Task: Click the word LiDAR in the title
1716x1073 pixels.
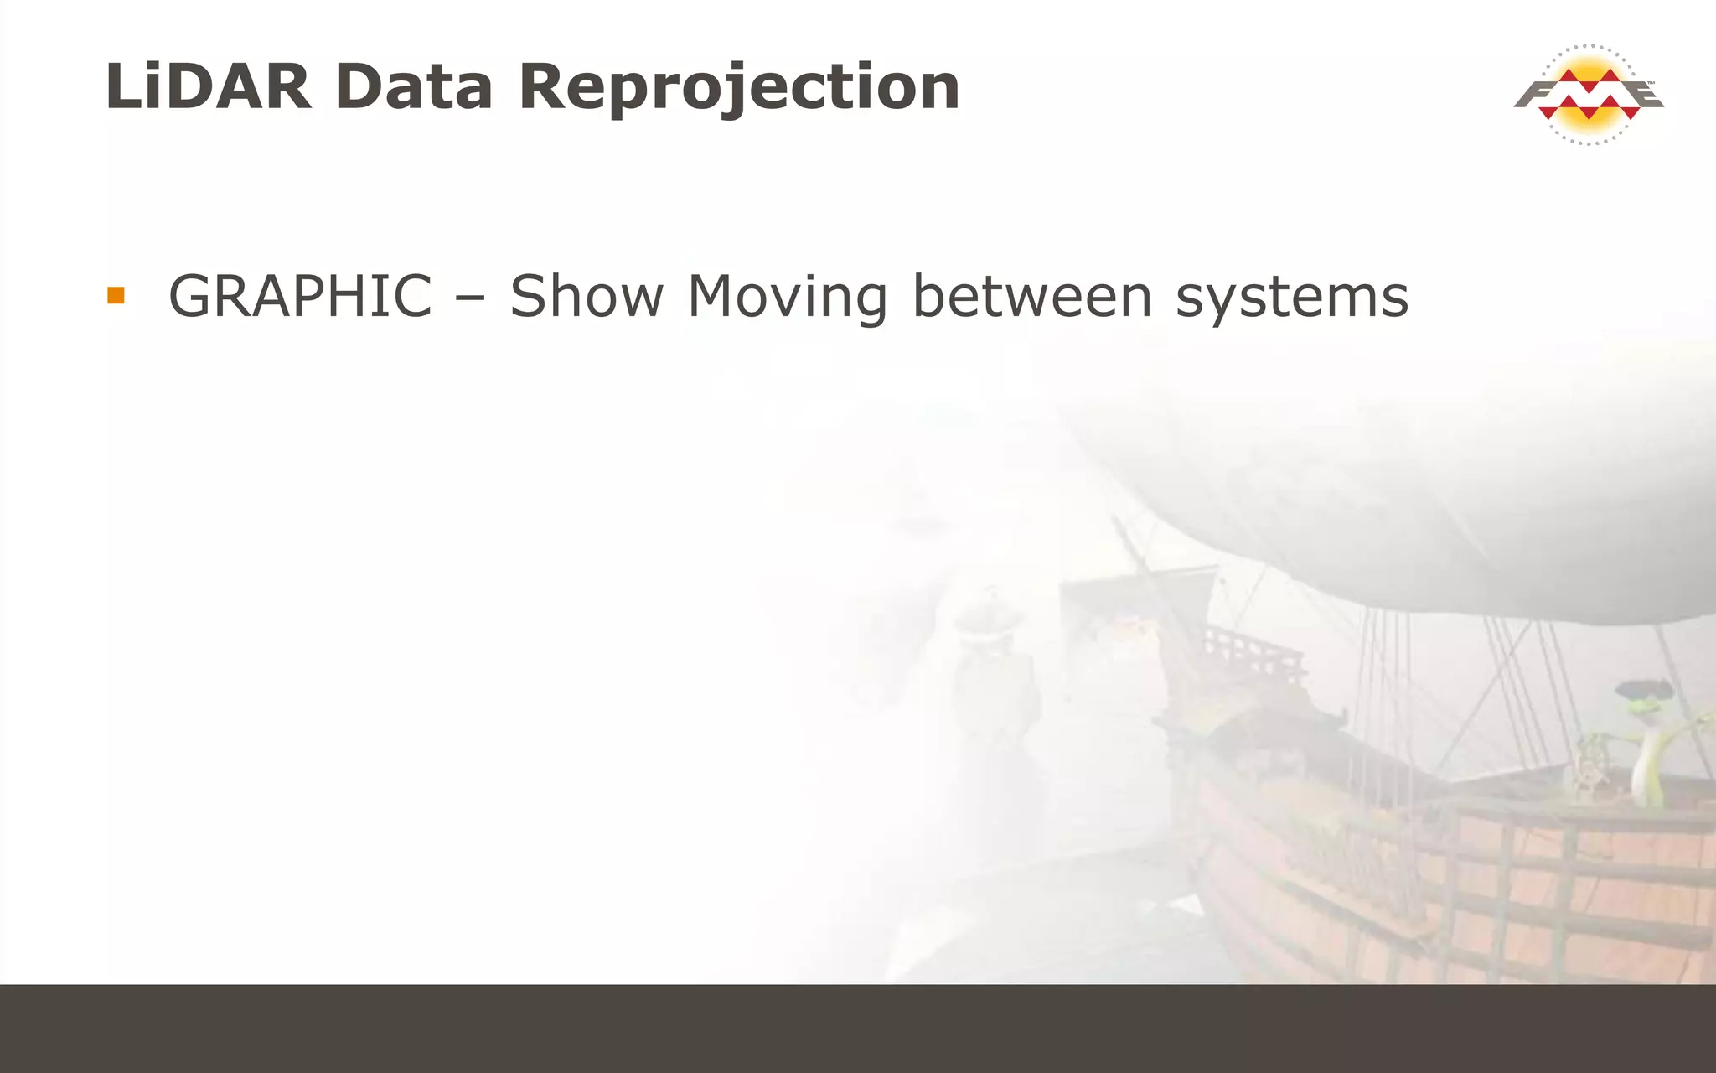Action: (208, 86)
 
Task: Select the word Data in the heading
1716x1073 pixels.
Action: (413, 86)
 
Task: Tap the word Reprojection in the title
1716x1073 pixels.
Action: (739, 88)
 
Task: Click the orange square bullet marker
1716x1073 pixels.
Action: (116, 295)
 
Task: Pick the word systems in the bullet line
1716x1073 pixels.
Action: (1292, 298)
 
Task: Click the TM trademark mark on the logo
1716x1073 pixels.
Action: (1651, 83)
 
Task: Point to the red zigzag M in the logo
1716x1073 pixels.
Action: (1589, 94)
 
